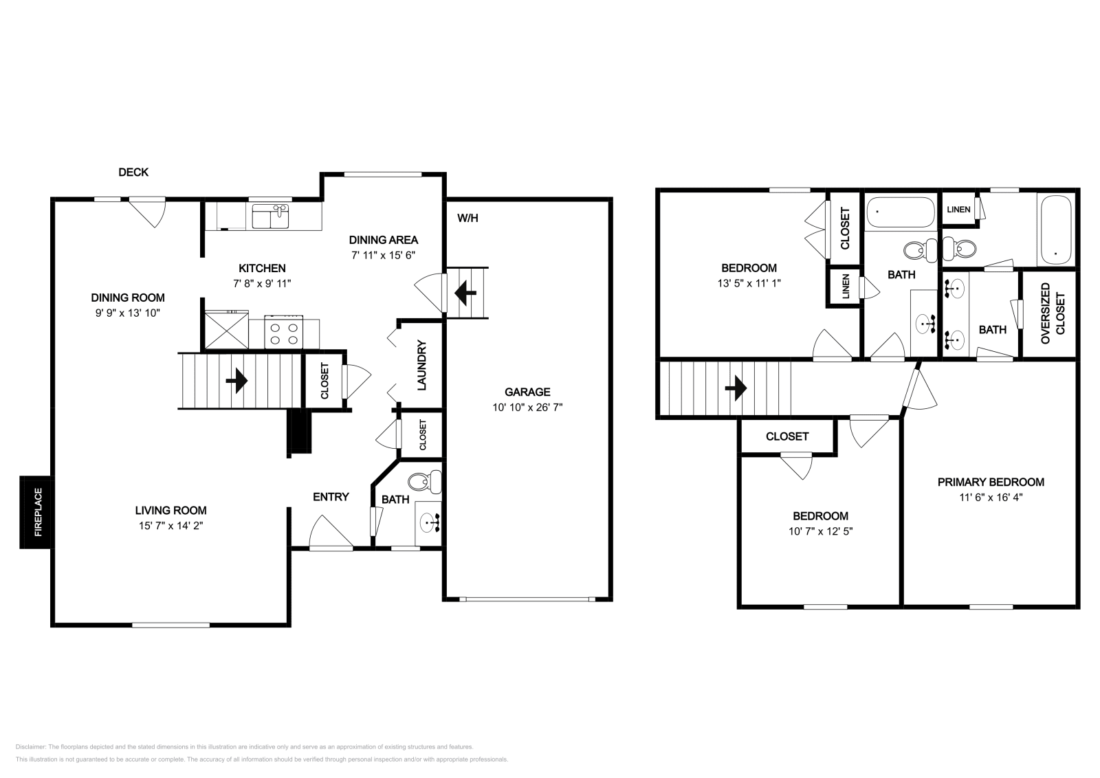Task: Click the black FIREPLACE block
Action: point(34,513)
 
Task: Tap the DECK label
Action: point(133,173)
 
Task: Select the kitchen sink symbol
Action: point(270,216)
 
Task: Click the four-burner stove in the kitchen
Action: point(285,333)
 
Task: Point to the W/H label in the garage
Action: point(467,219)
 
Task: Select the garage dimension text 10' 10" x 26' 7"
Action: point(527,407)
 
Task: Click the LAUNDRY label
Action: point(422,366)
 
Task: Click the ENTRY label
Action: point(331,497)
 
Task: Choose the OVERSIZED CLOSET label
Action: point(1053,313)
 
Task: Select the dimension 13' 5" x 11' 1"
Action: point(749,282)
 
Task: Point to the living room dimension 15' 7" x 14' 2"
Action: point(170,526)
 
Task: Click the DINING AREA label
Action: point(383,240)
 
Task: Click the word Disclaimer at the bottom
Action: point(30,746)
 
